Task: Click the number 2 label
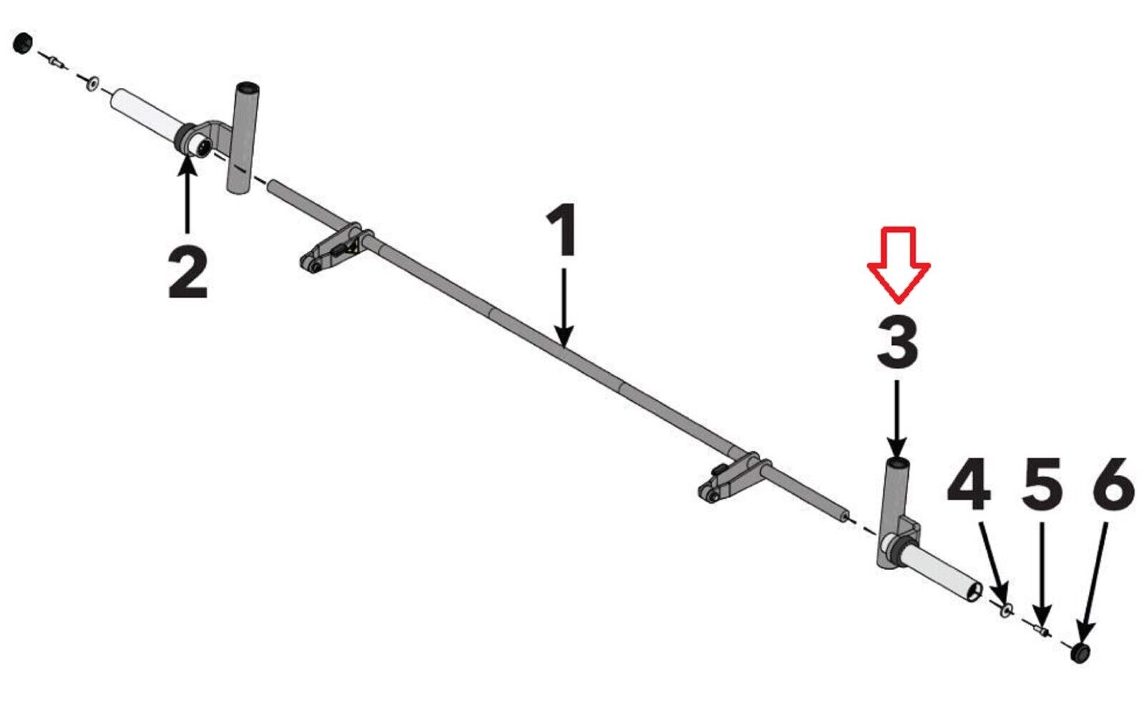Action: (x=188, y=273)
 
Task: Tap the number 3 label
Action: (x=897, y=341)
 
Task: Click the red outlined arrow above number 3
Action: (x=898, y=265)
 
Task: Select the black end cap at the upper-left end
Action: (x=22, y=44)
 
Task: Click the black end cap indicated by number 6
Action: (x=1080, y=653)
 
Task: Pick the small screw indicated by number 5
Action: (x=1040, y=632)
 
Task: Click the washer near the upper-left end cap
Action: (x=92, y=83)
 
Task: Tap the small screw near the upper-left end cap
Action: (x=56, y=61)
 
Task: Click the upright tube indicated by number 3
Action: (x=893, y=512)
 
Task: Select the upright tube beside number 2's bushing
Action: (x=242, y=138)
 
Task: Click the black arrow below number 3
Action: (x=897, y=419)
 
